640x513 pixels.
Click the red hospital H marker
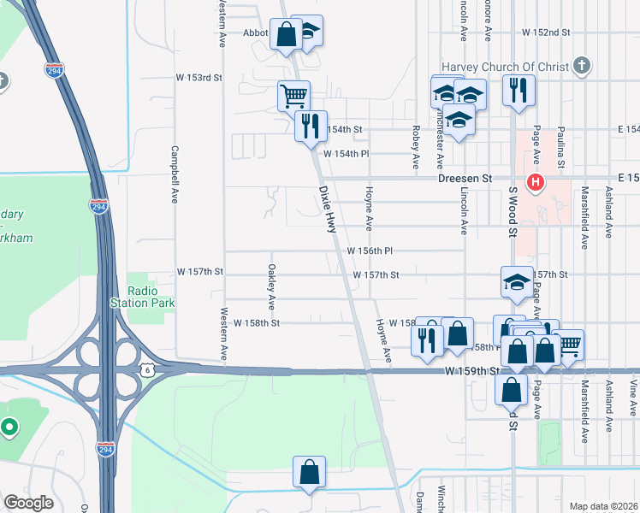(536, 181)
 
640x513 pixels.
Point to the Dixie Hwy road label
(327, 210)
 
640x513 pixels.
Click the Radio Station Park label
(142, 296)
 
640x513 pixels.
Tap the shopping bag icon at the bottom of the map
(309, 472)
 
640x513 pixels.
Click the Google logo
(28, 503)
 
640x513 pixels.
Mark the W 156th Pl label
(370, 251)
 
